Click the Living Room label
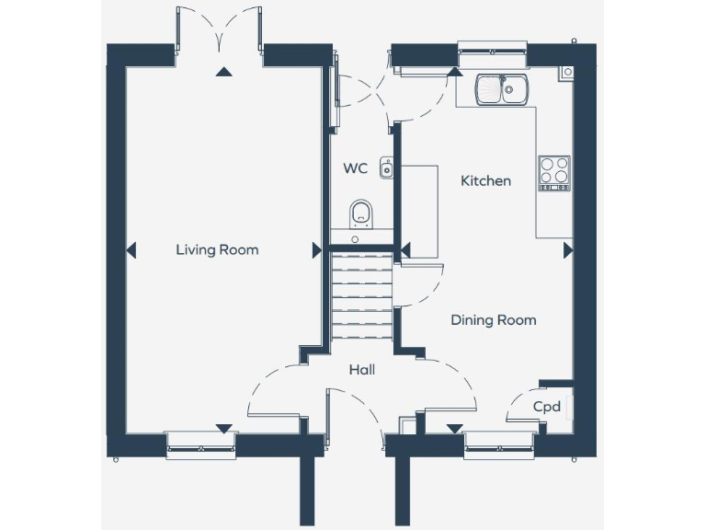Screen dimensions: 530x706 pos(217,249)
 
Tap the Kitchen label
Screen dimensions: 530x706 pos(485,181)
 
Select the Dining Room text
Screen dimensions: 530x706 pos(493,320)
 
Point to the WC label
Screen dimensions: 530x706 pos(356,168)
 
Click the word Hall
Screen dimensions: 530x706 pos(361,370)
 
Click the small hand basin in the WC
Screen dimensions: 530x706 pos(387,168)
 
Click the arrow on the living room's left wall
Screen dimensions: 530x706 pos(131,249)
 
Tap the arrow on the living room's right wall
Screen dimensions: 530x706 pos(317,249)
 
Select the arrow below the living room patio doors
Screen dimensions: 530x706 pos(222,73)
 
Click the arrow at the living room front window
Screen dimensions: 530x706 pos(222,428)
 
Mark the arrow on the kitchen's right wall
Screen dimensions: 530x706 pos(567,249)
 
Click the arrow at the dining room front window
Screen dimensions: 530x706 pos(454,428)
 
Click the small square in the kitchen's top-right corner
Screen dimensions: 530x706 pos(566,72)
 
